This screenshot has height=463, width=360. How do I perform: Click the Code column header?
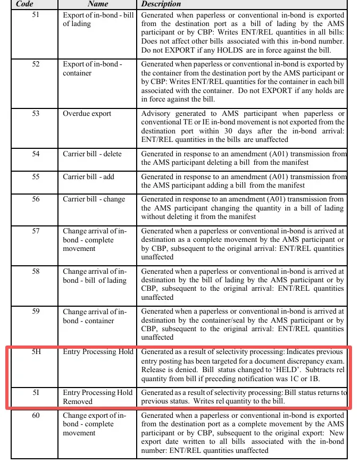pyautogui.click(x=25, y=4)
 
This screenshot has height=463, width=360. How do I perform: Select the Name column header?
pyautogui.click(x=98, y=4)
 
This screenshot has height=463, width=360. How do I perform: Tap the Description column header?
pyautogui.click(x=161, y=4)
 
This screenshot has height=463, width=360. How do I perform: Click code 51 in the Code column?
pyautogui.click(x=36, y=15)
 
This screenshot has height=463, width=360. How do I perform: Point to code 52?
pyautogui.click(x=36, y=64)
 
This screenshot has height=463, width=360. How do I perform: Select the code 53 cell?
pyautogui.click(x=36, y=114)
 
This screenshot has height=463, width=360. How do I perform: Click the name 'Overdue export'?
pyautogui.click(x=87, y=114)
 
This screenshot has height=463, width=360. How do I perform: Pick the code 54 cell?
pyautogui.click(x=36, y=154)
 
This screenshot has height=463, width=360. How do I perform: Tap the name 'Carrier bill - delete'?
pyautogui.click(x=92, y=154)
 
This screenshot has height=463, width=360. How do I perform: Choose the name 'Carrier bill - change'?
pyautogui.click(x=94, y=199)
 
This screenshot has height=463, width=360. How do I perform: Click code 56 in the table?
pyautogui.click(x=36, y=199)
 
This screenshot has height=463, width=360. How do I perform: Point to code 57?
pyautogui.click(x=36, y=231)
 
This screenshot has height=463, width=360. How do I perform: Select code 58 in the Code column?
pyautogui.click(x=36, y=272)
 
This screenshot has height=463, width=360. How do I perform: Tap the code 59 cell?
pyautogui.click(x=36, y=312)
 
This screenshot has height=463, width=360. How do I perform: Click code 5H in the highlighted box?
pyautogui.click(x=36, y=352)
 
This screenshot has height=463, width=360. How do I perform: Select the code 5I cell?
pyautogui.click(x=36, y=393)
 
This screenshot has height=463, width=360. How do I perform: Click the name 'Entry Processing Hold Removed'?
pyautogui.click(x=97, y=397)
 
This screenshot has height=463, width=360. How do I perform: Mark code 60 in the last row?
pyautogui.click(x=36, y=415)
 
